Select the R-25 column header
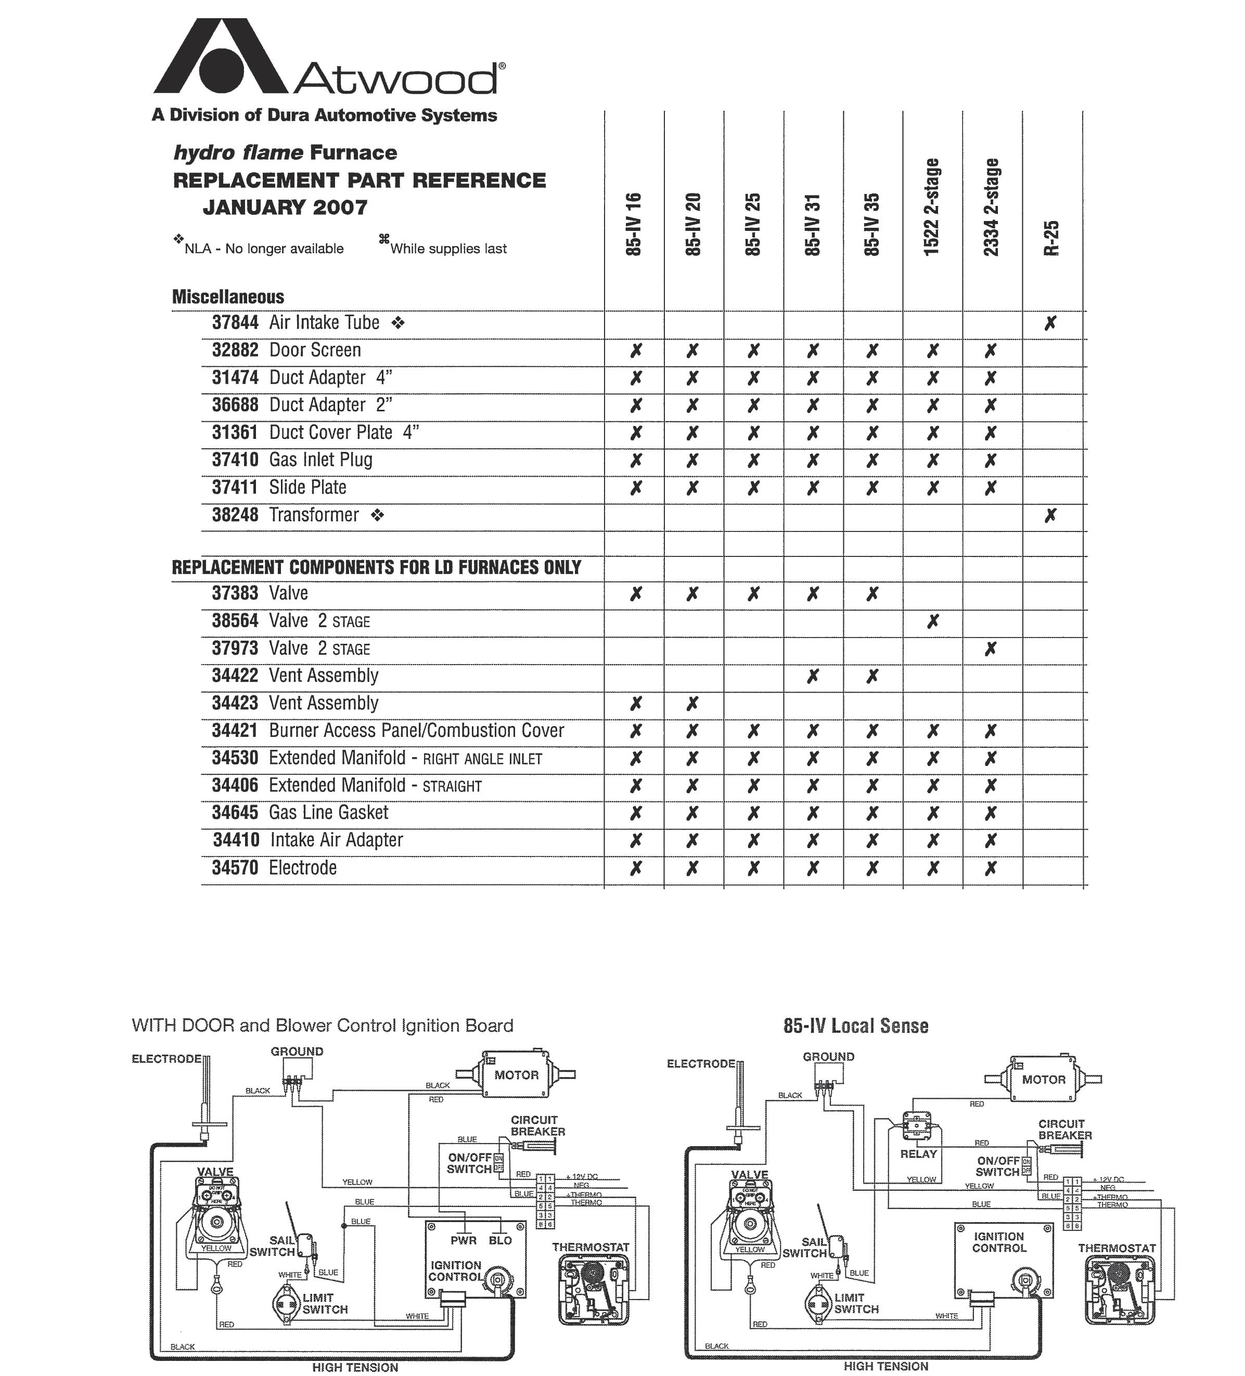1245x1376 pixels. tap(1052, 238)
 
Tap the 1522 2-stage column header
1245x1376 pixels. tap(931, 207)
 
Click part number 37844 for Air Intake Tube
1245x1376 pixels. tap(235, 323)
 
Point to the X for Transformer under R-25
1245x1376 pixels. tap(1050, 515)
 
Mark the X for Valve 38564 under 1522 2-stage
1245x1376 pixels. tap(932, 621)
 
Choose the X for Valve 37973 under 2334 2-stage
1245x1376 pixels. tap(990, 648)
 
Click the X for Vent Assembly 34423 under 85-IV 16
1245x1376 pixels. tap(635, 703)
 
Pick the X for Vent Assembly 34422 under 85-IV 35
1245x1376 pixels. tap(872, 677)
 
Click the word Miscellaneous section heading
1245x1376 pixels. tap(228, 297)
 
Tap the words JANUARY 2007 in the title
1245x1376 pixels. tap(285, 207)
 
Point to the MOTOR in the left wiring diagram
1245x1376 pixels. tap(516, 1075)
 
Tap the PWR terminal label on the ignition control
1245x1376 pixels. tap(463, 1240)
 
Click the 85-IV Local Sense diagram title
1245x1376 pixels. tap(856, 1026)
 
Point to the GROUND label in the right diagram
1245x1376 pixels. tap(828, 1057)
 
